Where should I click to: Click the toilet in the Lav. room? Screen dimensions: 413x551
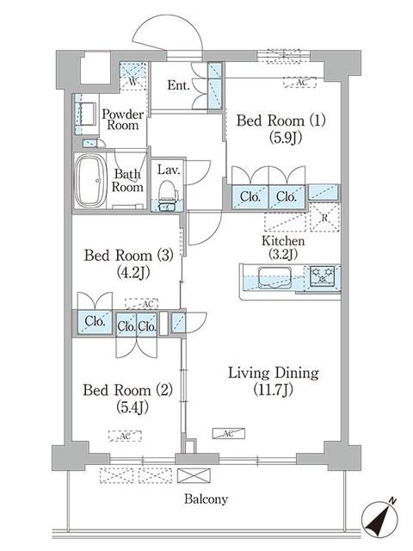pos(168,195)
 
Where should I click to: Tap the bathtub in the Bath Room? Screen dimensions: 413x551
pos(90,182)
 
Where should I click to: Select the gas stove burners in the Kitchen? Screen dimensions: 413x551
pos(322,275)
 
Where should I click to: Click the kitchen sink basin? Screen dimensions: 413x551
pos(274,277)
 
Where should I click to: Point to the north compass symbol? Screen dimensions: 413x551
pos(380,517)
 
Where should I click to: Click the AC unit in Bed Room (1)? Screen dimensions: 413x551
pos(300,83)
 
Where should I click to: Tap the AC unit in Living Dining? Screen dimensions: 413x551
pos(228,434)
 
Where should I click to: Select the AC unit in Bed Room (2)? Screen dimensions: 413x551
pos(125,436)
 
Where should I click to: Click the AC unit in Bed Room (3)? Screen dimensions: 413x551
pos(141,304)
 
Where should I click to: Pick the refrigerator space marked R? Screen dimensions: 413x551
pos(324,217)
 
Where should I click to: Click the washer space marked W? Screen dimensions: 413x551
pos(133,77)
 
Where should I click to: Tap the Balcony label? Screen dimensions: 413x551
pos(206,499)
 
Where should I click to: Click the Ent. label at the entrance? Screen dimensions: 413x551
pos(178,85)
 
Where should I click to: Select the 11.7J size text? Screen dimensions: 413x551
pos(274,390)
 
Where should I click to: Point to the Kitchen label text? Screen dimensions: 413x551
pos(283,241)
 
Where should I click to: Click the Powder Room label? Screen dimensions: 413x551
pos(123,120)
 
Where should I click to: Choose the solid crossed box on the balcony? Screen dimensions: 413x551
pos(194,475)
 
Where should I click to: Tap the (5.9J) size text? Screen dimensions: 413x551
pos(286,138)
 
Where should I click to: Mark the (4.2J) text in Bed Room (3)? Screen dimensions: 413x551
pos(133,272)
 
